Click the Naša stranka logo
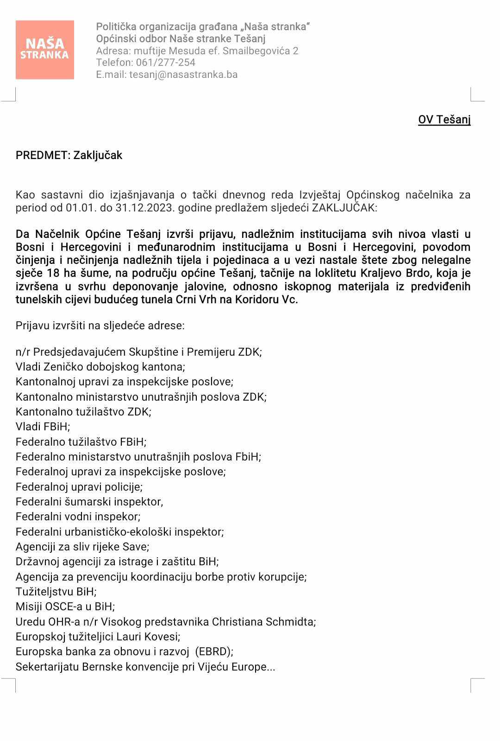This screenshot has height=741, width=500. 45,50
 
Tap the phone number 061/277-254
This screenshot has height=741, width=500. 166,63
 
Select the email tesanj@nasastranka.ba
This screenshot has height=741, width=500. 183,75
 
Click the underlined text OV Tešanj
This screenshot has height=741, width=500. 444,120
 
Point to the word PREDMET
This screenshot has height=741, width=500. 42,155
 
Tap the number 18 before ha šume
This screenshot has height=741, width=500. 53,273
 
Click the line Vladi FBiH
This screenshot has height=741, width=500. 43,427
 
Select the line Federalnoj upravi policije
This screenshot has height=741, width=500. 79,487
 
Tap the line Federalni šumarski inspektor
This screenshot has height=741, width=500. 89,502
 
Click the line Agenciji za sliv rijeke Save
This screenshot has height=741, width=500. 82,547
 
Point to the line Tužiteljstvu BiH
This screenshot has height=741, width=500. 56,592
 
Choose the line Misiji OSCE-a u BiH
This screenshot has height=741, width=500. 65,607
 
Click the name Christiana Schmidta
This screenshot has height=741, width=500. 263,622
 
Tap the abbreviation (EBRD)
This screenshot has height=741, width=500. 213,652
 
